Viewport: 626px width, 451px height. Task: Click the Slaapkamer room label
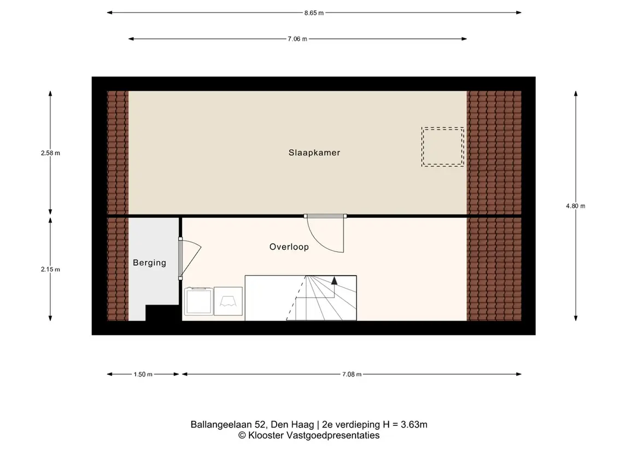coord(314,153)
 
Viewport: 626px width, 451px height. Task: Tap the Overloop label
coord(289,247)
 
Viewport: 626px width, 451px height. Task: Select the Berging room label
coord(149,262)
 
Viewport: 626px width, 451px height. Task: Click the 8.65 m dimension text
coord(314,13)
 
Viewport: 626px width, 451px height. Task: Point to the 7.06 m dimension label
coord(297,39)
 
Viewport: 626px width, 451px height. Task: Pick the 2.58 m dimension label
coord(50,153)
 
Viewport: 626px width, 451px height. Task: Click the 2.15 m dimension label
coord(50,270)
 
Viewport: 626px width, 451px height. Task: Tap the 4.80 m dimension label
coord(576,206)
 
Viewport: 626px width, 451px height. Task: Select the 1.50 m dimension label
coord(143,374)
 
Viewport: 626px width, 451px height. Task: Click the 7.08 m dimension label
coord(352,374)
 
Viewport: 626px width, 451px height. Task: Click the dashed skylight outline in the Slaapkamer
coord(443,128)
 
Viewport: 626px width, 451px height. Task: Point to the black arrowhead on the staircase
coord(334,280)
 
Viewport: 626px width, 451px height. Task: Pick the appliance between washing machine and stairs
coord(228,301)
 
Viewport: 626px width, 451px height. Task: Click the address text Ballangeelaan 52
coord(227,425)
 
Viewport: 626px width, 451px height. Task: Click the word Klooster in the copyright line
coord(266,436)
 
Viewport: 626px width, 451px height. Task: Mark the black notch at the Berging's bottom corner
coord(162,313)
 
